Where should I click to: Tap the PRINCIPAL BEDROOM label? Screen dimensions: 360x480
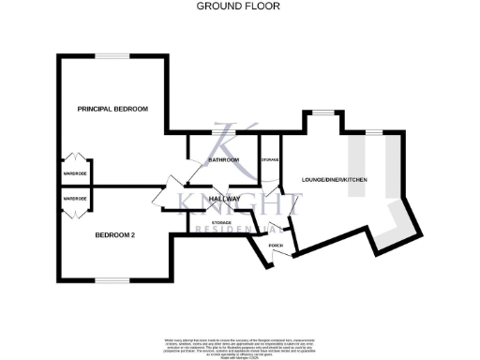click(112, 110)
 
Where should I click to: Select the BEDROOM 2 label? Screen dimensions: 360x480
click(116, 235)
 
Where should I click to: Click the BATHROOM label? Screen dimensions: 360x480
click(223, 160)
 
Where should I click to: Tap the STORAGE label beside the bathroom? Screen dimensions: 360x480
click(269, 160)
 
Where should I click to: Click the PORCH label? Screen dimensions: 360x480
click(276, 246)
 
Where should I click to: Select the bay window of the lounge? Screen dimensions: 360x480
click(325, 113)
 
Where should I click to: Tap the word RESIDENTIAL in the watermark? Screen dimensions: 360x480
click(244, 227)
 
